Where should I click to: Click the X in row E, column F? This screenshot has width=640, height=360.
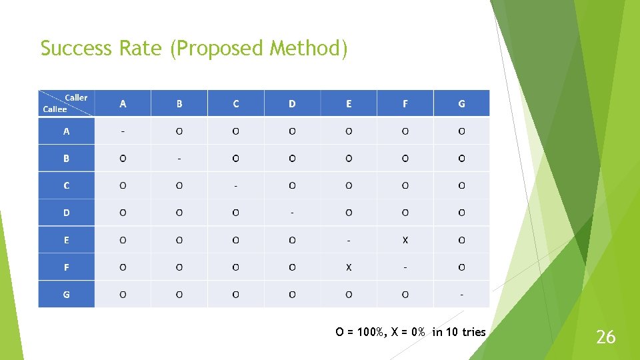coord(405,240)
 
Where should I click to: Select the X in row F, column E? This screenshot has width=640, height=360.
coord(349,267)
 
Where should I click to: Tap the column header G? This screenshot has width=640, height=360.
coord(461,103)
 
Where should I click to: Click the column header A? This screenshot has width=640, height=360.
coord(123,103)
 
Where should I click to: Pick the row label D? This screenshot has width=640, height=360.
coord(66,213)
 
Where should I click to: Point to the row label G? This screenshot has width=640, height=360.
coord(66,294)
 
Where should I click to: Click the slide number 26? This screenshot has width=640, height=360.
coord(605,337)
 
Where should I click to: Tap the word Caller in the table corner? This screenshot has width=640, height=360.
coord(75,97)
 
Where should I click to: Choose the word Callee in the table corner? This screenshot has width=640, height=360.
coord(55,109)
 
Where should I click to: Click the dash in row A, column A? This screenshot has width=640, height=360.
coord(123,131)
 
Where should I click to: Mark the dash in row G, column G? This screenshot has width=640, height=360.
coord(461,294)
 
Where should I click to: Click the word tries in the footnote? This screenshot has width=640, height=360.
coord(473,332)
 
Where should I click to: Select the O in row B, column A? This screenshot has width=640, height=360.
coord(123,159)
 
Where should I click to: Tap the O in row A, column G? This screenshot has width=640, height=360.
coord(461,131)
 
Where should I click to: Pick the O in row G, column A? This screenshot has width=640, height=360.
coord(123,294)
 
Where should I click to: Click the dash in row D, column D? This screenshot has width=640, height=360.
coord(292,213)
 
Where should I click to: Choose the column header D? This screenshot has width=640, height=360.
coord(292,103)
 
